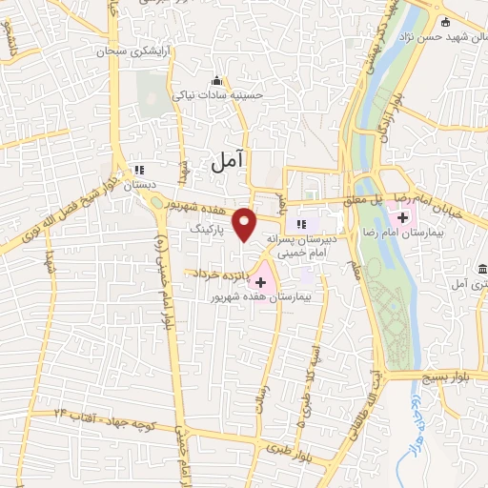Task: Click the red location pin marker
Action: pyautogui.click(x=246, y=223)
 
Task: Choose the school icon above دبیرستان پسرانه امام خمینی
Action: pyautogui.click(x=301, y=225)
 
